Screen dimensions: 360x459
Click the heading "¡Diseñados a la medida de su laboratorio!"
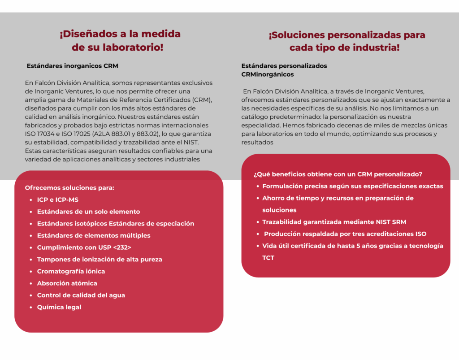pos(120,40)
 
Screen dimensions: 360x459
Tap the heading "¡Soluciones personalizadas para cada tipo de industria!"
pos(346,41)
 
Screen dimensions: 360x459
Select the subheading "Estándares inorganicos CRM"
pos(73,66)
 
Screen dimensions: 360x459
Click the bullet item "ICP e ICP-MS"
pos(58,200)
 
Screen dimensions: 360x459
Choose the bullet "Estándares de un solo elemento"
pos(88,212)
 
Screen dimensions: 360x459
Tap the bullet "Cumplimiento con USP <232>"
pos(84,247)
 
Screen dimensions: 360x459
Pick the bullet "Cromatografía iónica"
pos(71,271)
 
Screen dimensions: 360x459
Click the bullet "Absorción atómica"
pos(67,283)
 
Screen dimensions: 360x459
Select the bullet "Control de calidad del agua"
pos(81,295)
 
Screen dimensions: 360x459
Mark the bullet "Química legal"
pos(59,307)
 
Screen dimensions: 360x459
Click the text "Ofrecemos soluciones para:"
pos(69,188)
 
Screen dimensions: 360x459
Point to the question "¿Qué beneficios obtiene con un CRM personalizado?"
pos(338,174)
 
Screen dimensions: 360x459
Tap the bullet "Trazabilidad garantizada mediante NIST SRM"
pos(334,222)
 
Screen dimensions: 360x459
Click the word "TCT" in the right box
pos(268,258)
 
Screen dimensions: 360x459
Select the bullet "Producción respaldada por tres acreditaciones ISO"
pos(345,234)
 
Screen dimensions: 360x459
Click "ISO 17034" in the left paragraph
pos(40,134)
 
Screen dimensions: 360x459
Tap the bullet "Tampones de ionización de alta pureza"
pos(100,260)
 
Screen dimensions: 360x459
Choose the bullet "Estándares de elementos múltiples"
pos(94,235)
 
